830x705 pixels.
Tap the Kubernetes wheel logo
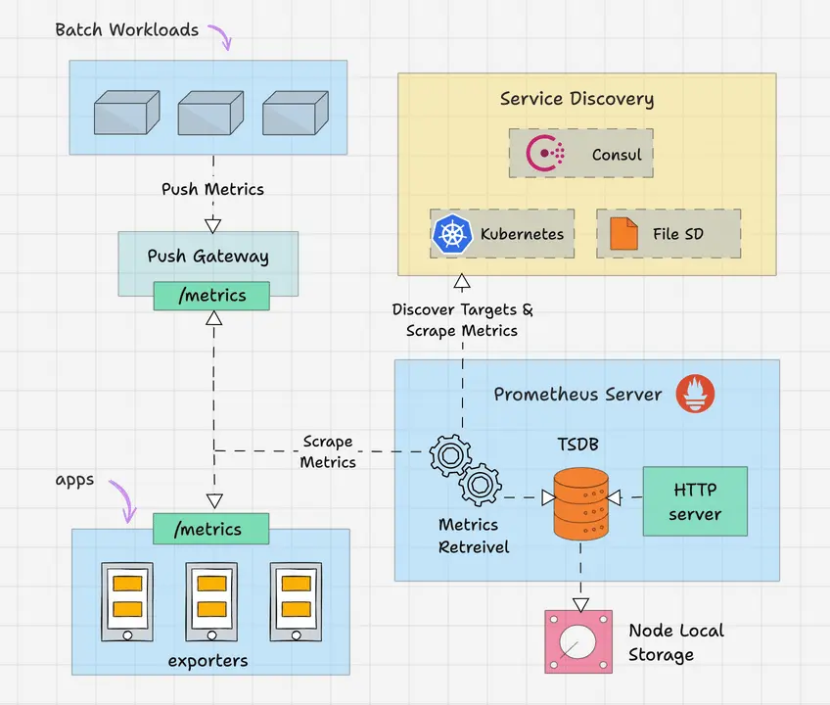coord(451,234)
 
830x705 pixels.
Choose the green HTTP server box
coord(695,501)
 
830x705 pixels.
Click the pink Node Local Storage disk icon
coord(576,641)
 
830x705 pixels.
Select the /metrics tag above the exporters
coord(210,530)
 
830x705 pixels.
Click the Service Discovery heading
coord(576,99)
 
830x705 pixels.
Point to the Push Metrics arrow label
coord(212,189)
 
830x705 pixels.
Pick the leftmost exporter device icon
coord(127,601)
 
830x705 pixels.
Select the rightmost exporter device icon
coord(296,601)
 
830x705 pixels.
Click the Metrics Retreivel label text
coord(474,537)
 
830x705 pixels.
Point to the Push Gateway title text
coord(207,257)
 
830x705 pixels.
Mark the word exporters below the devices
coord(207,661)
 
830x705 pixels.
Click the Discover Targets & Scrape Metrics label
coord(462,320)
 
